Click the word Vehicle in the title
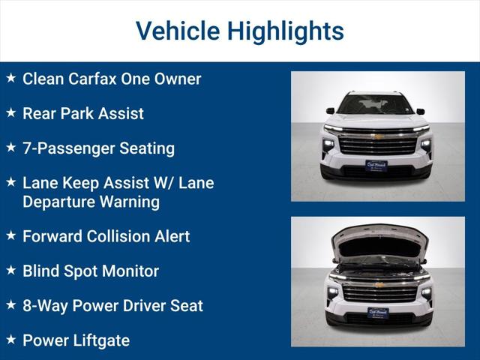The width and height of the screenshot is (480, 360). pyautogui.click(x=177, y=31)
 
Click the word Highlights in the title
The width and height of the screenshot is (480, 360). pyautogui.click(x=285, y=31)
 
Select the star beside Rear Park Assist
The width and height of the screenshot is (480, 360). pyautogui.click(x=10, y=112)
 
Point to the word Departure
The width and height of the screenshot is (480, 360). pyautogui.click(x=60, y=202)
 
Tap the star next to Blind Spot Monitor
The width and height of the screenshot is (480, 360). pyautogui.click(x=10, y=270)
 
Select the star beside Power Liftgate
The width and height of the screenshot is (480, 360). pyautogui.click(x=10, y=339)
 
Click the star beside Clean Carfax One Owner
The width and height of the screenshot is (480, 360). pyautogui.click(x=10, y=77)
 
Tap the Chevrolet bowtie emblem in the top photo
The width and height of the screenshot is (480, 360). pyautogui.click(x=378, y=137)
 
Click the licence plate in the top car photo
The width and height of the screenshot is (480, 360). pyautogui.click(x=377, y=166)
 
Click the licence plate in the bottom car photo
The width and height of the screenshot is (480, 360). pyautogui.click(x=378, y=313)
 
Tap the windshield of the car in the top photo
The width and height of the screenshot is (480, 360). pyautogui.click(x=376, y=105)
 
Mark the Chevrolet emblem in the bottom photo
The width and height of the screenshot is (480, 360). pyautogui.click(x=379, y=285)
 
